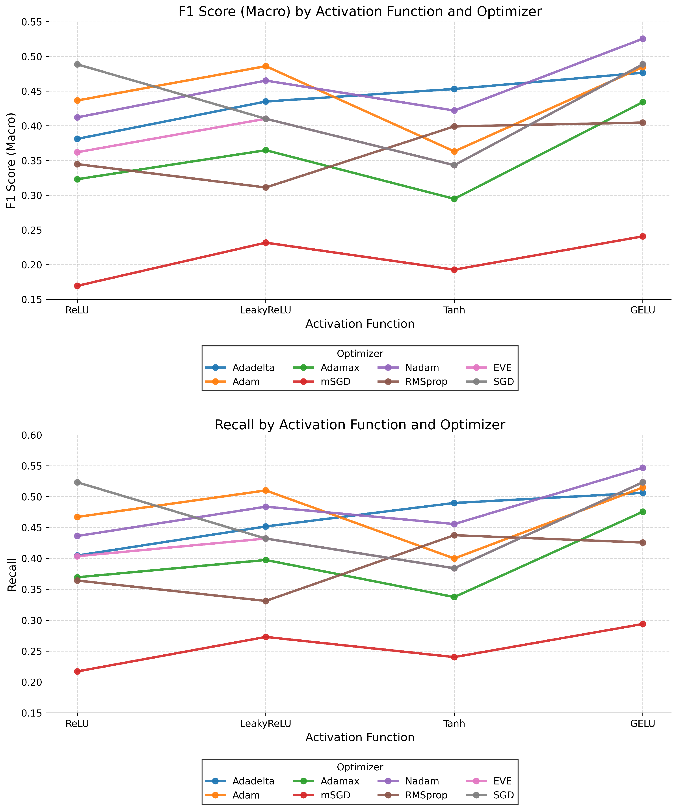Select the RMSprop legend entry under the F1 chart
click(x=426, y=382)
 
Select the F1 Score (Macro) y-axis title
click(x=12, y=160)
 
